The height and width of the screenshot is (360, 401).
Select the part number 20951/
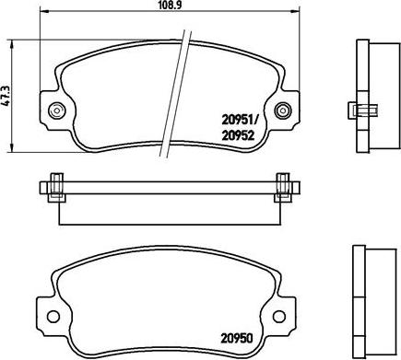pos(240,118)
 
